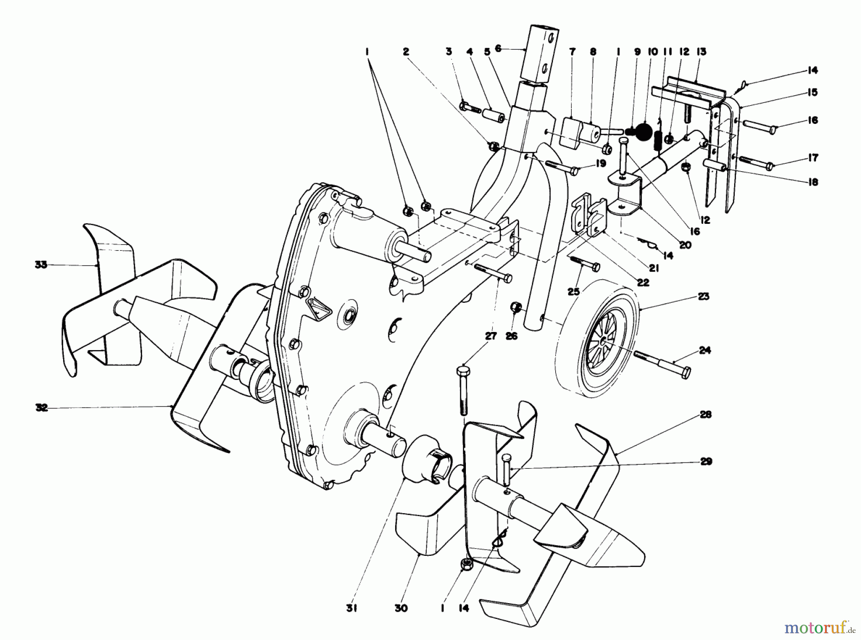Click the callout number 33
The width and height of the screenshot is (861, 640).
point(41,264)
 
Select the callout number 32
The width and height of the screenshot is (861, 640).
point(42,408)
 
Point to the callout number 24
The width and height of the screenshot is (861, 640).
point(705,350)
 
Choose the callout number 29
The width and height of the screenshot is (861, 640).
point(706,462)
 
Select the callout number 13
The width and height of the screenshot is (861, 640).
point(701,52)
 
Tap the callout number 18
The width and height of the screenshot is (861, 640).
point(812,182)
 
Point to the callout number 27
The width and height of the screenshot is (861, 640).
point(491,336)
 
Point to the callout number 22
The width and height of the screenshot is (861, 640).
point(643,282)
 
